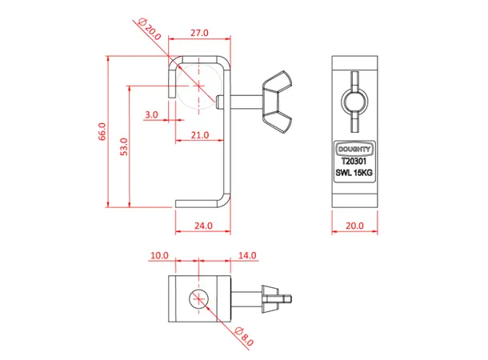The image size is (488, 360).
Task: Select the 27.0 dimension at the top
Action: click(199, 33)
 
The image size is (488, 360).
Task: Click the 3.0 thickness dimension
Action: click(152, 114)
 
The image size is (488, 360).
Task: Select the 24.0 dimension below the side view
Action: click(203, 226)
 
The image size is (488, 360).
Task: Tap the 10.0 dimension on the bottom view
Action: click(158, 255)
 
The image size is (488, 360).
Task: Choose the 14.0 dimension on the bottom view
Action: click(247, 255)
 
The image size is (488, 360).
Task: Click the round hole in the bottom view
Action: click(198, 301)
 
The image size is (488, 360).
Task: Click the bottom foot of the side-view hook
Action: click(200, 204)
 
